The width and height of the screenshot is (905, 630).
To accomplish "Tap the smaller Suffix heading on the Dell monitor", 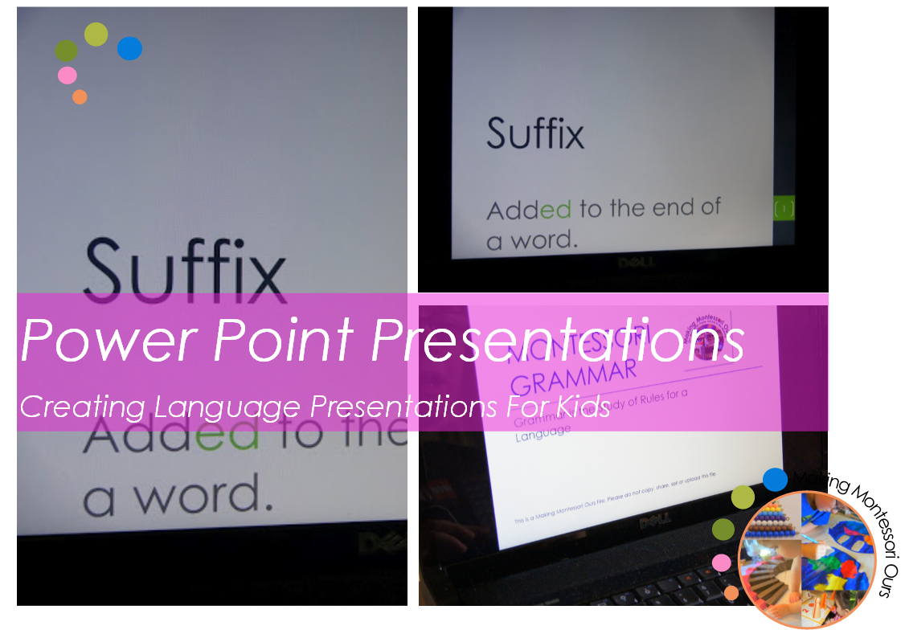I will click(535, 134).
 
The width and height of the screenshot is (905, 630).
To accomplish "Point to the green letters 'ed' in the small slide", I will click(555, 211).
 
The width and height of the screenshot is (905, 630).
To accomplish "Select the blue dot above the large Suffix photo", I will click(129, 49).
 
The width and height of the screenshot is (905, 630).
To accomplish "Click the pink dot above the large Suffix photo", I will click(68, 76).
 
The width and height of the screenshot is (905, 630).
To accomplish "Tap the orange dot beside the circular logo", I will click(731, 593).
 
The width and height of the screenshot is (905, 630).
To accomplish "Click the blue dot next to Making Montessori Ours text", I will click(775, 480).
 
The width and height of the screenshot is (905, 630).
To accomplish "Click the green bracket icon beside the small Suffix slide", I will click(784, 209).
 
